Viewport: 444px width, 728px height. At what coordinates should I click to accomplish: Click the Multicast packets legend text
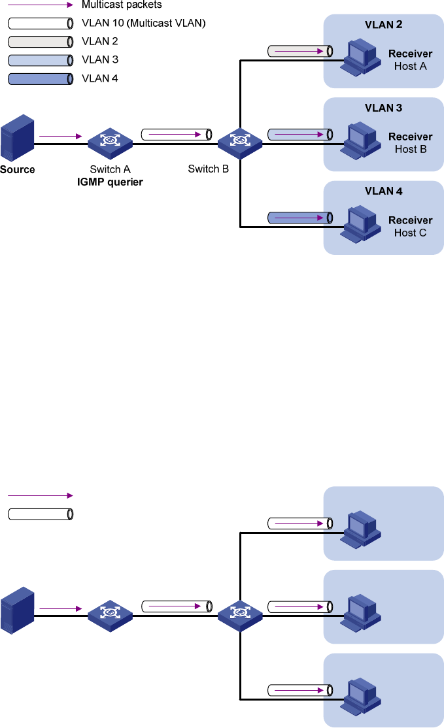click(x=122, y=5)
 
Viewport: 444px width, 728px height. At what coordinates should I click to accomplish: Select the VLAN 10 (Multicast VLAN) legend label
click(x=143, y=23)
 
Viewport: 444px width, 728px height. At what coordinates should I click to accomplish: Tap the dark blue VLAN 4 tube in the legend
click(x=39, y=79)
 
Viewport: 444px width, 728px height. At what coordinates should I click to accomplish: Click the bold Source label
click(x=18, y=169)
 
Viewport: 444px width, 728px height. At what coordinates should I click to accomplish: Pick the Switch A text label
click(x=110, y=169)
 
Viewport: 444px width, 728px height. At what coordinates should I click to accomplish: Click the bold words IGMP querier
click(x=110, y=182)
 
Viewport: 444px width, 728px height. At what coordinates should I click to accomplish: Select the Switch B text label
click(x=208, y=169)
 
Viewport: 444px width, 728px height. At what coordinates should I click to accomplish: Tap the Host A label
click(x=411, y=66)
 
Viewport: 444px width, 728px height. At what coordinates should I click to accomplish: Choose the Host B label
click(x=411, y=149)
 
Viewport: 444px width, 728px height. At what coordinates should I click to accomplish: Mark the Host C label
click(x=411, y=233)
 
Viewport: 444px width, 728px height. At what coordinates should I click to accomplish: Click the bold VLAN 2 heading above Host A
click(x=383, y=25)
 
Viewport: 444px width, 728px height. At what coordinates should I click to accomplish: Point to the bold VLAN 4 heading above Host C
click(x=383, y=191)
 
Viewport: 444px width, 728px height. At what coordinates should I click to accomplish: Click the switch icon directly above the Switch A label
click(x=110, y=141)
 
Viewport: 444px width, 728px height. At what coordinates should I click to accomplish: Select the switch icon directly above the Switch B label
click(x=239, y=141)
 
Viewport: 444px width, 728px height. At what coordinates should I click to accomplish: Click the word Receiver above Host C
click(x=411, y=220)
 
